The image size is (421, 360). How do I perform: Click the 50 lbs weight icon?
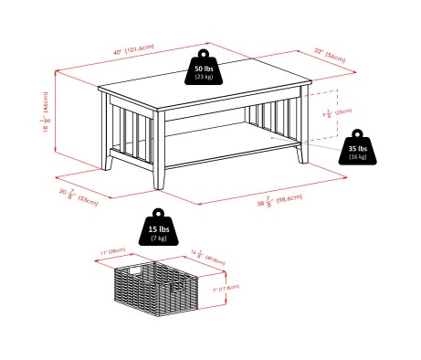pyautogui.click(x=203, y=70)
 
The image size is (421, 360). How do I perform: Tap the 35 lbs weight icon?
pyautogui.click(x=358, y=152)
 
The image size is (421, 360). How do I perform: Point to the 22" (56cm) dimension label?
pyautogui.click(x=333, y=58)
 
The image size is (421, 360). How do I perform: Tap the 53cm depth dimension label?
pyautogui.click(x=76, y=195)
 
